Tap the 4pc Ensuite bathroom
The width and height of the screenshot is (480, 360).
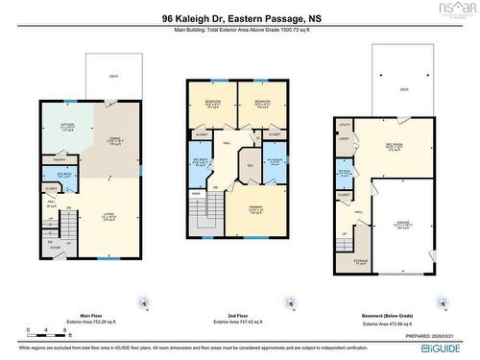274,162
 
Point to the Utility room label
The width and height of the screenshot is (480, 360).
346,125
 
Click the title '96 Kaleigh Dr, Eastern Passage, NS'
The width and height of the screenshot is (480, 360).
240,17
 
